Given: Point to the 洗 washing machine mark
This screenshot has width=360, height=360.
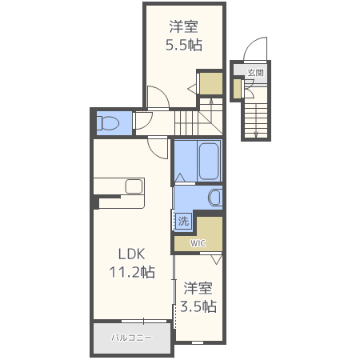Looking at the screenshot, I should tap(182, 221).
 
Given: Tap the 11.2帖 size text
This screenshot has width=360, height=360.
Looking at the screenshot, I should tap(132, 272).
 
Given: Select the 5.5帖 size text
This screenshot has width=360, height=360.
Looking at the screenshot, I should tap(183, 45).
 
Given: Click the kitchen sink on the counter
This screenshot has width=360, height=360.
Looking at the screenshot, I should tap(134, 186).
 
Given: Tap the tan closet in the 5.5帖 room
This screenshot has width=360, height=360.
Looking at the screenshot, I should tap(210, 83).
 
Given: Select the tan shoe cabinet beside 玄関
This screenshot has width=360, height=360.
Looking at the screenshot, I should tap(238, 88).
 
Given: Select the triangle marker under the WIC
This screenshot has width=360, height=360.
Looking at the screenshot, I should tap(215, 259).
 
